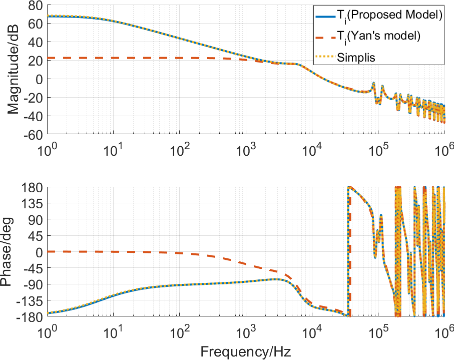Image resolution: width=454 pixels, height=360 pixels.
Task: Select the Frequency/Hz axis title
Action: [246, 351]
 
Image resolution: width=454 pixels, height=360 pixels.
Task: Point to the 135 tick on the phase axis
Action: [31, 203]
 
